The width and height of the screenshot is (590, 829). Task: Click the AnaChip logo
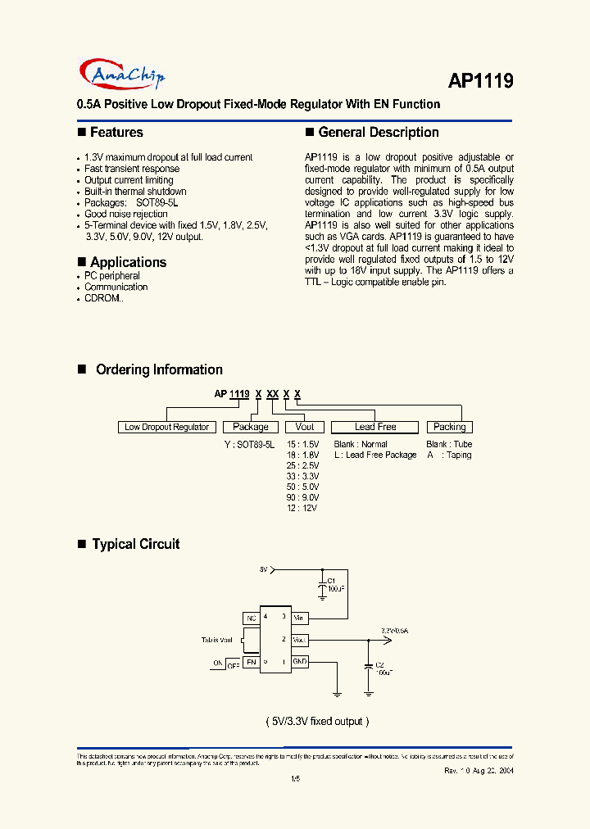pos(125,75)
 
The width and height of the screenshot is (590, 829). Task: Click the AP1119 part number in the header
pos(480,80)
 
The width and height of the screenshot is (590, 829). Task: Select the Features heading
pos(116,133)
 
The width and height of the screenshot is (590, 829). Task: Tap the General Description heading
pos(378,133)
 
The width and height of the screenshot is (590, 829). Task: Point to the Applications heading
pos(128,262)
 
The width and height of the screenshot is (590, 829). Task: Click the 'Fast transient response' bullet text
pos(132,169)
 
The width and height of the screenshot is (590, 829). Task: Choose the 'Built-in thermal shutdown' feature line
pos(135,192)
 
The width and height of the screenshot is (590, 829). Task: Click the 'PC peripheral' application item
pos(112,276)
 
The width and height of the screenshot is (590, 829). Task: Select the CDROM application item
pos(104,299)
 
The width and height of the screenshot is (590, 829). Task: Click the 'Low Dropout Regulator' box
pos(167,427)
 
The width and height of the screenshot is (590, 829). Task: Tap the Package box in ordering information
pos(251,427)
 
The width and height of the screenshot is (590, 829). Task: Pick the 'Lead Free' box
pos(375,427)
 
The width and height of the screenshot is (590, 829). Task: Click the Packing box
pos(449,427)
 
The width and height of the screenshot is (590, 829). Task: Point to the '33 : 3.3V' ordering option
pos(302,476)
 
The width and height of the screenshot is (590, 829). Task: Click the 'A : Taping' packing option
pos(449,455)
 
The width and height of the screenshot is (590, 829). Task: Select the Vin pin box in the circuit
pos(300,617)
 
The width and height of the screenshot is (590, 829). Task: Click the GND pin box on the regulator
pos(300,661)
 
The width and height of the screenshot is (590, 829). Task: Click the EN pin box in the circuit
pos(251,661)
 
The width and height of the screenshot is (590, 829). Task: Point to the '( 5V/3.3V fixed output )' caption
pos(318,721)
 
